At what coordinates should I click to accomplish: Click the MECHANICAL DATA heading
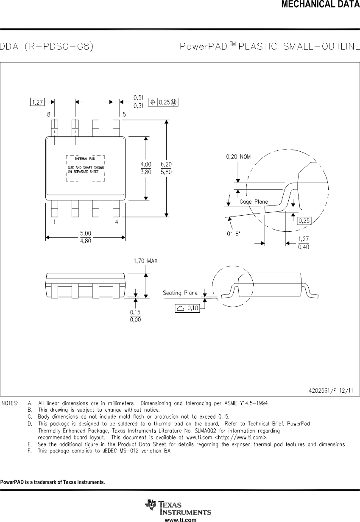(321, 5)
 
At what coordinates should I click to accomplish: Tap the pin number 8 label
(49, 114)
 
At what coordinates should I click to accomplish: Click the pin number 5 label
(124, 114)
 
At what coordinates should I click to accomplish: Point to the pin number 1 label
(54, 222)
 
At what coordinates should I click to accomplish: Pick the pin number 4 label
(116, 222)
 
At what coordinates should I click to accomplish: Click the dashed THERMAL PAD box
(85, 168)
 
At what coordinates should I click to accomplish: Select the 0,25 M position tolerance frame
(163, 102)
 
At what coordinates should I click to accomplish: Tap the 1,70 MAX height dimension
(145, 261)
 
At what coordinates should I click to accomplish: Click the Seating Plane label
(180, 293)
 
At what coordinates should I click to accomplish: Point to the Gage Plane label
(254, 202)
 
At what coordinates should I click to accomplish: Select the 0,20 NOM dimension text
(238, 157)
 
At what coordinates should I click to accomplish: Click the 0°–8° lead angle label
(233, 233)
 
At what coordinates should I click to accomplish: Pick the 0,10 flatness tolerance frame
(187, 308)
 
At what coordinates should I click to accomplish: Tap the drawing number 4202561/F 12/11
(331, 391)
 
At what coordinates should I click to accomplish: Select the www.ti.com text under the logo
(180, 519)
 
